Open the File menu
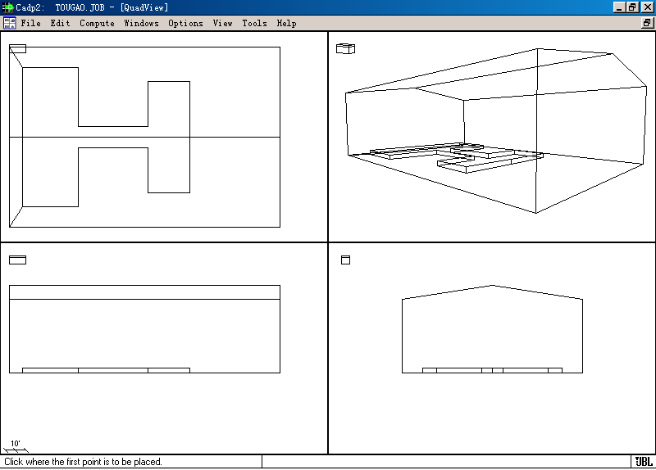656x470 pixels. click(x=30, y=24)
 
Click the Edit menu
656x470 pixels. click(x=60, y=24)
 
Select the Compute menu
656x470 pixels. click(x=97, y=24)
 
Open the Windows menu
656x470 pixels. click(x=141, y=24)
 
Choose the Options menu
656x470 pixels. click(x=186, y=24)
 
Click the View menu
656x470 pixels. click(x=222, y=24)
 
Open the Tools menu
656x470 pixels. click(x=254, y=24)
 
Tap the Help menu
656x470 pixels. click(x=286, y=24)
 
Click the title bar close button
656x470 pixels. click(x=647, y=7)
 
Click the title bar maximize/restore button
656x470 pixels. click(x=632, y=7)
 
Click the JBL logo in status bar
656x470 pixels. click(x=644, y=462)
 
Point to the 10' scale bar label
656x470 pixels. click(x=16, y=444)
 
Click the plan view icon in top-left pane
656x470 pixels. click(x=17, y=49)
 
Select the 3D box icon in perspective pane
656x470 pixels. click(x=345, y=48)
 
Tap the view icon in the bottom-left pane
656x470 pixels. click(x=17, y=260)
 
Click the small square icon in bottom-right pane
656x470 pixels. click(x=345, y=260)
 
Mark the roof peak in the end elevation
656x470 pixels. click(x=493, y=285)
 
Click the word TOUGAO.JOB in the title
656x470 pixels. click(x=80, y=7)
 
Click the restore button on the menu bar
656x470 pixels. click(x=647, y=23)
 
